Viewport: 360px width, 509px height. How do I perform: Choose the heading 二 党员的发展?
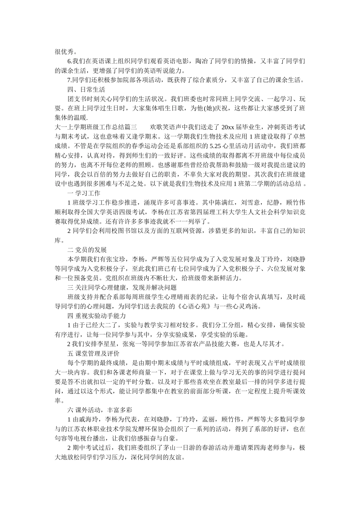coord(87,250)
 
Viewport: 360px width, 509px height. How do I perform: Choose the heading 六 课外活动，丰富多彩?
coord(99,410)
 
